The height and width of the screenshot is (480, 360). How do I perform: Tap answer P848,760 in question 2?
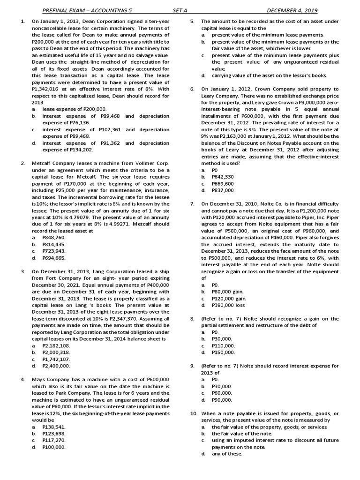(53, 238)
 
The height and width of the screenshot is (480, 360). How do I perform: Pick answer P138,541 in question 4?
(54, 427)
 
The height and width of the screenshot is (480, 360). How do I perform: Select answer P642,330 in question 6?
(223, 177)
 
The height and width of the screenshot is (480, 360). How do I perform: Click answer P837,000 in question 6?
(223, 190)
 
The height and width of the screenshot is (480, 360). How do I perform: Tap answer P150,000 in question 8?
(223, 352)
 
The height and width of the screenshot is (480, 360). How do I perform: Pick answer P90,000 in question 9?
(222, 400)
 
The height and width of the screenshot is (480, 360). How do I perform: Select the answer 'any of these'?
(227, 454)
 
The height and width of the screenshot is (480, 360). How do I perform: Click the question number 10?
(193, 413)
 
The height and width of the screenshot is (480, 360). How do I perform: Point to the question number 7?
(192, 204)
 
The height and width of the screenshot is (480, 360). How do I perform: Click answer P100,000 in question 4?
(54, 447)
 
